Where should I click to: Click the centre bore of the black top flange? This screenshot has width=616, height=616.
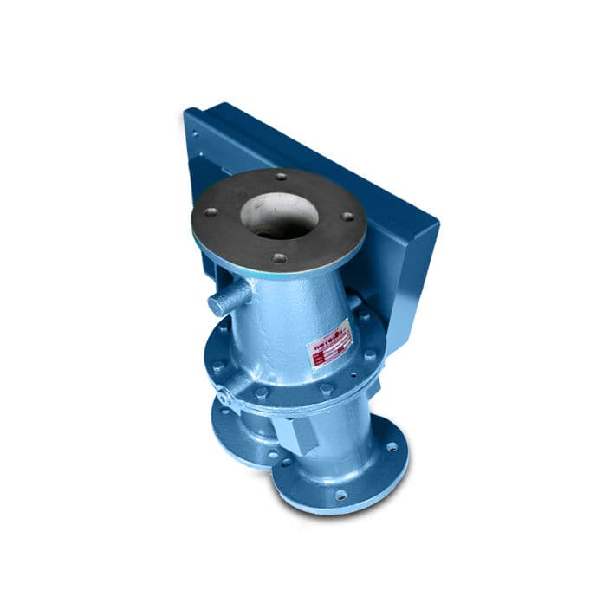[x=278, y=214]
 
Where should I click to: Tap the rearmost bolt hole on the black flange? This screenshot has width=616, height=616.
[x=280, y=176]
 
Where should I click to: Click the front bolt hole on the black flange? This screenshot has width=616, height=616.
[x=277, y=257]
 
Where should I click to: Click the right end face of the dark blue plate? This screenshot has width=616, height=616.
[x=425, y=260]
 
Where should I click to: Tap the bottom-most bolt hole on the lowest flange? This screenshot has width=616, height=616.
[x=340, y=495]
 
